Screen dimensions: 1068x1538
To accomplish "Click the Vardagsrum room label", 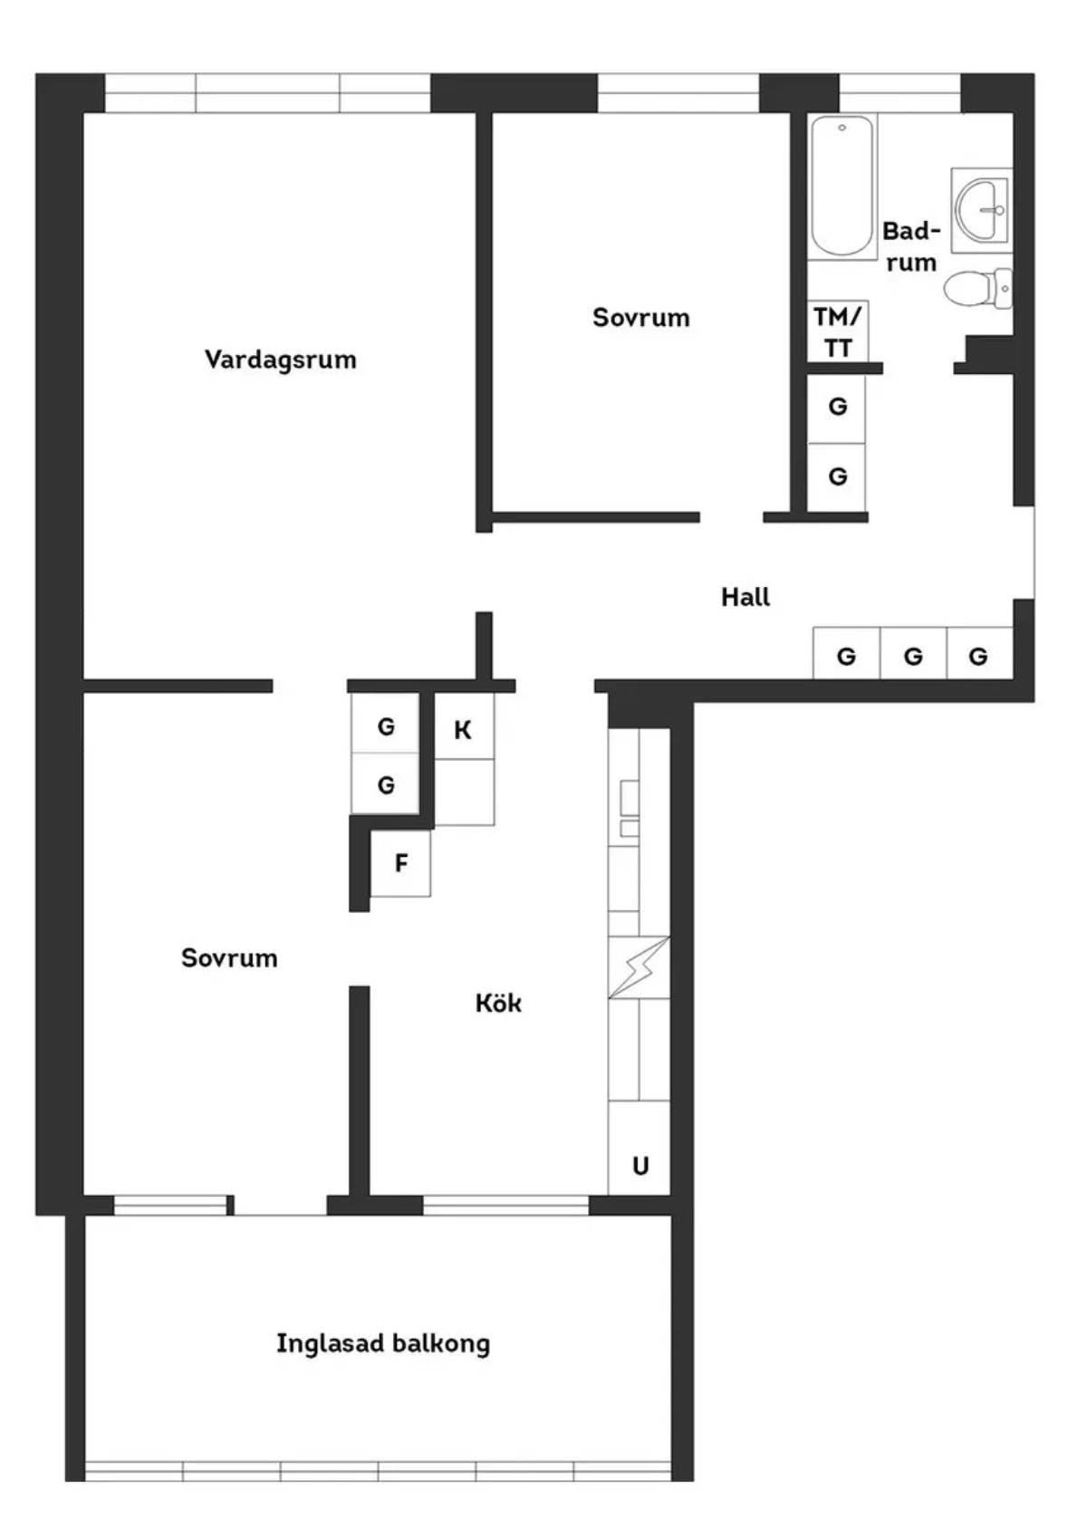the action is (280, 360).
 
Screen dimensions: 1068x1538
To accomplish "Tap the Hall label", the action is (746, 597).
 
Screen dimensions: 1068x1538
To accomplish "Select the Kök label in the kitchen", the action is (498, 1003).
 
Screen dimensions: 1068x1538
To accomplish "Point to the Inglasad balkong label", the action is (383, 1343).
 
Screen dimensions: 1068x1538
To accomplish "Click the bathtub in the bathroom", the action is (842, 187).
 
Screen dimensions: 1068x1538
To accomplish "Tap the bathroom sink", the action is (982, 209).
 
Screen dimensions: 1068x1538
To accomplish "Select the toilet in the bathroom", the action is (977, 288).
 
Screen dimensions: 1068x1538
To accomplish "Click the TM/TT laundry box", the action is (838, 332).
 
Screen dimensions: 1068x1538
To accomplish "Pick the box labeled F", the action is (400, 862).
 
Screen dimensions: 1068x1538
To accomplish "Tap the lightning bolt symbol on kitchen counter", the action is (639, 967).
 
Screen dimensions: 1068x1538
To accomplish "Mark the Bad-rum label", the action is (910, 246).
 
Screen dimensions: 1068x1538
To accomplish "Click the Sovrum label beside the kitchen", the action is (229, 957).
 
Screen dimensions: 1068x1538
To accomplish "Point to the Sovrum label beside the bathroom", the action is (640, 317).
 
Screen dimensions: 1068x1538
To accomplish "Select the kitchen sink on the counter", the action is (630, 808).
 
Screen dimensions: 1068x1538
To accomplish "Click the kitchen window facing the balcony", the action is (505, 1205).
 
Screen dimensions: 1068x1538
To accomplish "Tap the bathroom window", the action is (900, 92).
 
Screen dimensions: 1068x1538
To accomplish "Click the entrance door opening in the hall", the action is (1024, 552).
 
